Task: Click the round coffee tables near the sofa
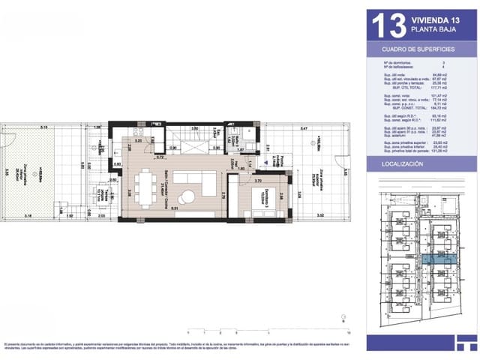coord(187,196)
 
